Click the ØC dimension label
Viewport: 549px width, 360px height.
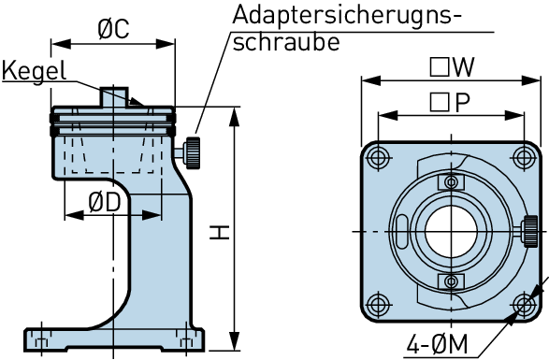click(113, 29)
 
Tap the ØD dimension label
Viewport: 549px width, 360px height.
click(105, 202)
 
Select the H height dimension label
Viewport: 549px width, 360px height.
click(220, 233)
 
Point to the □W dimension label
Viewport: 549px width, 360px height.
click(452, 67)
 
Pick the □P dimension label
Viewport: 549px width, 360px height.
click(450, 103)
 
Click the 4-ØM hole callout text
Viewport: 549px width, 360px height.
click(437, 345)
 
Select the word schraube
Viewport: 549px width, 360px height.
click(286, 42)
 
